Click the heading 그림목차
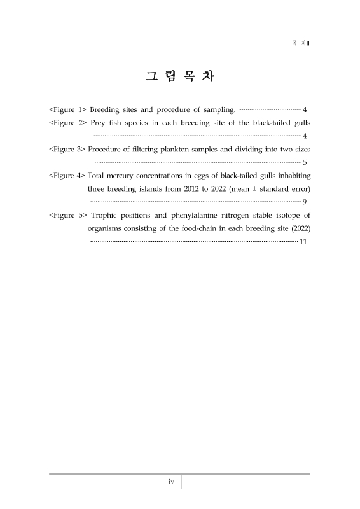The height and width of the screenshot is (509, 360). click(x=180, y=78)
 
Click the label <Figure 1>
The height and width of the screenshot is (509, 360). click(x=67, y=109)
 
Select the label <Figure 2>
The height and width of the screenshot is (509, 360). click(x=67, y=122)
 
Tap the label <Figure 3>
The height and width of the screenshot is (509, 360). click(x=67, y=150)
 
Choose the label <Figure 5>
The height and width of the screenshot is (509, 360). click(x=67, y=216)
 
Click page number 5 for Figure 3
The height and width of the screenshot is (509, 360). click(x=306, y=163)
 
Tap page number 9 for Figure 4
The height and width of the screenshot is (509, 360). click(x=306, y=202)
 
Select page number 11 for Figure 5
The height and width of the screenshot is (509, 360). click(x=303, y=242)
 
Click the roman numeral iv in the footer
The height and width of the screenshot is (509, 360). click(x=171, y=482)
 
